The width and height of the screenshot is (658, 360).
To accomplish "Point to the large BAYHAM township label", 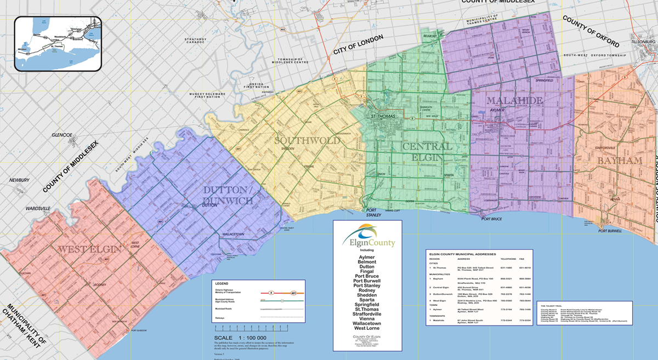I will point(620,161).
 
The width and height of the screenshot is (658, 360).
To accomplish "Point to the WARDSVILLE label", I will point(38,209).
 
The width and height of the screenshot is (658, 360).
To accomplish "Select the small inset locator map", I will point(58,43).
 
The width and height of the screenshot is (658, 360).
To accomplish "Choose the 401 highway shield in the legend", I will point(294,293).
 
